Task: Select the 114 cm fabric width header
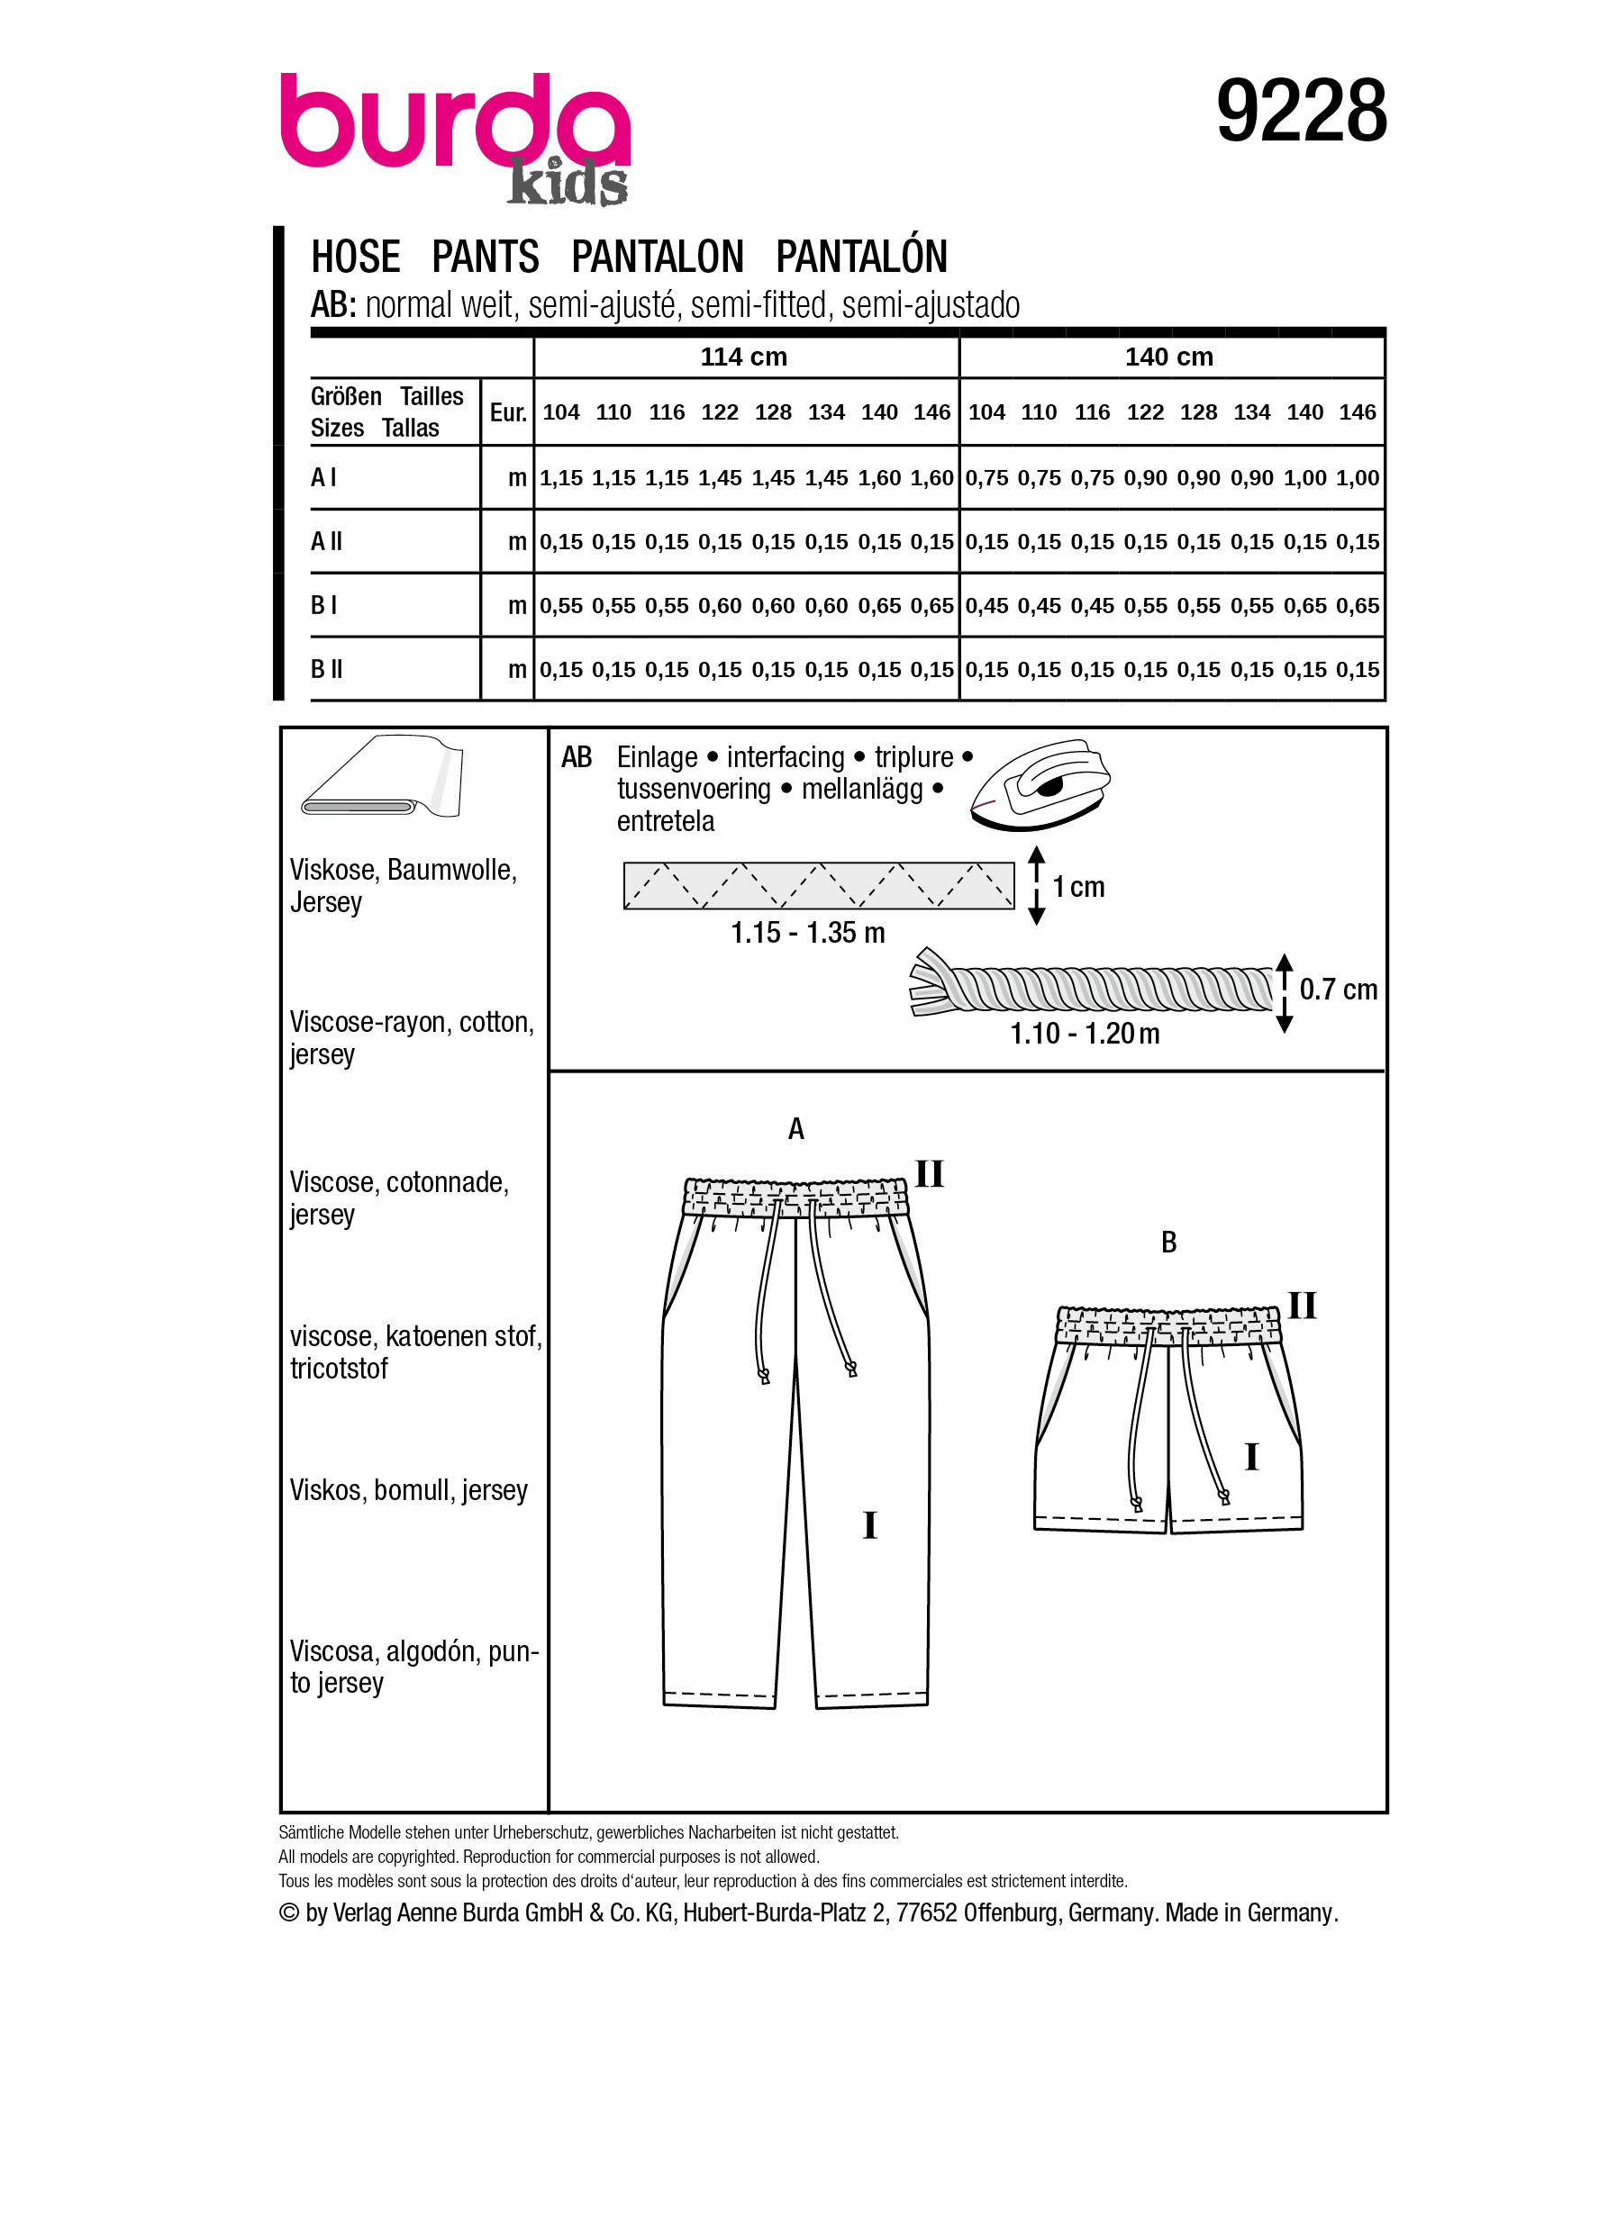pos(743,357)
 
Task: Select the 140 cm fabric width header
pos(1168,357)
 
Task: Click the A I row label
pos(324,477)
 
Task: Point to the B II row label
pos(327,670)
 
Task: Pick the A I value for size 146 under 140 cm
pos(1357,478)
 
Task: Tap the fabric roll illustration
pos(382,777)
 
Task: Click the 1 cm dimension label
pos(1078,887)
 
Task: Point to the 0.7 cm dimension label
pos(1338,990)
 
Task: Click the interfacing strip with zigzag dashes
pos(818,885)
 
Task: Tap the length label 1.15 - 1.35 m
pos(807,933)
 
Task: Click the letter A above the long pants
pos(795,1129)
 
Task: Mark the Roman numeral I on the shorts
pos(1250,1456)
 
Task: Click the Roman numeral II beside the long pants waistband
pos(929,1173)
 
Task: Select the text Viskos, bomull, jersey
pos(409,1491)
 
